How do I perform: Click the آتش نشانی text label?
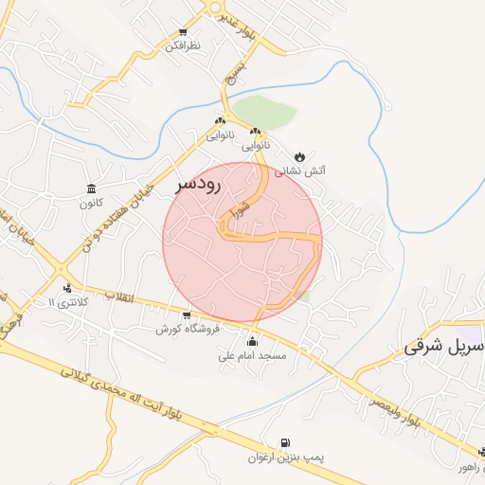click(x=300, y=171)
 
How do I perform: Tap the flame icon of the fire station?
click(x=300, y=155)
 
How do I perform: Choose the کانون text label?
click(x=90, y=203)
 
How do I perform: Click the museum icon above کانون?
click(x=90, y=188)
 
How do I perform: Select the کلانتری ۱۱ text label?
click(x=66, y=303)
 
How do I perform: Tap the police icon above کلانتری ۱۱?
click(x=66, y=288)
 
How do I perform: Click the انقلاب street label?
click(x=121, y=298)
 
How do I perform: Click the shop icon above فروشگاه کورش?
click(x=187, y=314)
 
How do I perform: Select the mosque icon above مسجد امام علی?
click(x=252, y=341)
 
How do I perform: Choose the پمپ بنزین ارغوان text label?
click(x=286, y=458)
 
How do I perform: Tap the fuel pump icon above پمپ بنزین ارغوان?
click(x=286, y=442)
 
